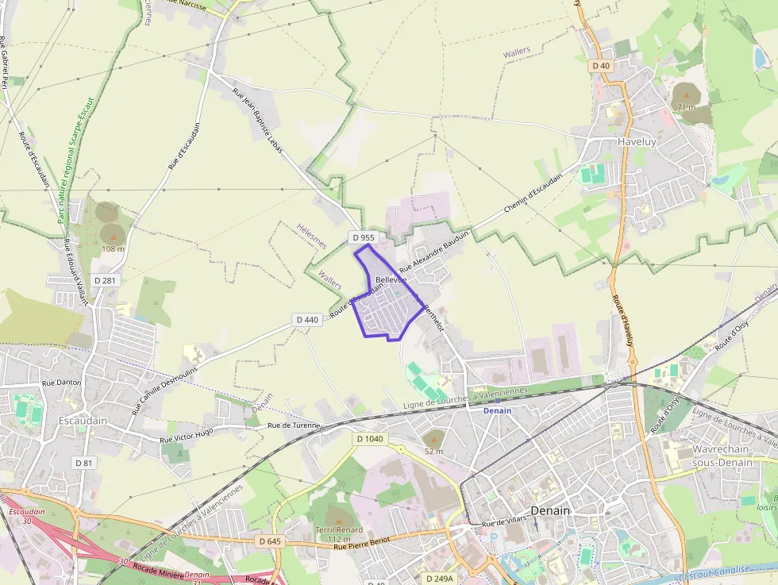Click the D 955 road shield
click(x=363, y=237)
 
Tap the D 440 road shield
click(x=306, y=320)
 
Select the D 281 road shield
click(x=105, y=280)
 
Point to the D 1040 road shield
click(x=370, y=439)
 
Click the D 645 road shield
click(x=270, y=541)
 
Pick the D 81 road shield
click(x=83, y=462)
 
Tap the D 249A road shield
click(x=439, y=579)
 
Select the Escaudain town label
click(x=83, y=420)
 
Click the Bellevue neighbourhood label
click(x=391, y=280)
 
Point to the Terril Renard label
click(x=339, y=529)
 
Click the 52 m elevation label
click(x=433, y=451)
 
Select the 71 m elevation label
click(x=685, y=107)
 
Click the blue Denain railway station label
click(x=498, y=410)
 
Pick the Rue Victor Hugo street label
click(x=187, y=436)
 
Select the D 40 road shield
click(x=600, y=66)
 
